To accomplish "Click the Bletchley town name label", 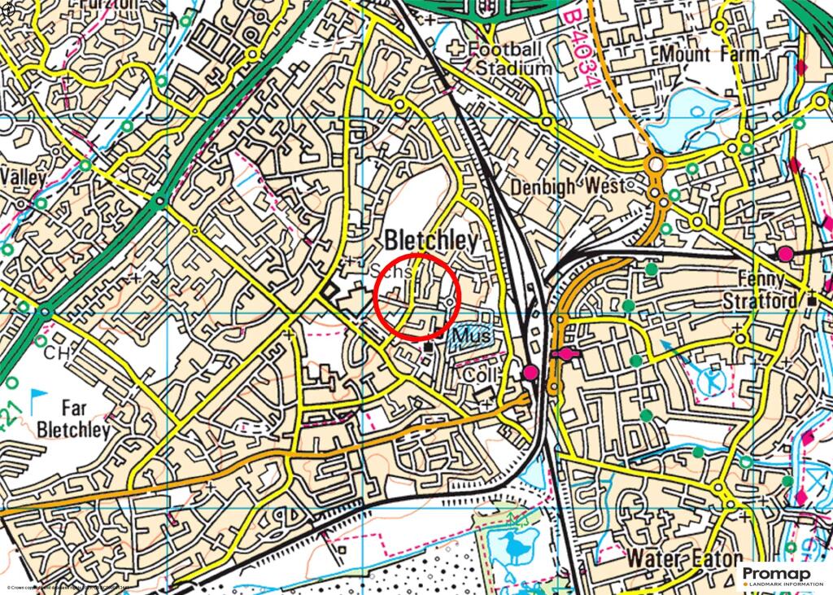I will pos(431,240).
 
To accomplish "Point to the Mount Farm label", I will pos(709,55).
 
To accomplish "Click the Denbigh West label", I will pos(569,186).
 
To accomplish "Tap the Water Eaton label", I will pos(685,559).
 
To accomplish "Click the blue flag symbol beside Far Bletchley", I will pos(37,400).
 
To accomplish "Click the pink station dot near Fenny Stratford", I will pos(785,253).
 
